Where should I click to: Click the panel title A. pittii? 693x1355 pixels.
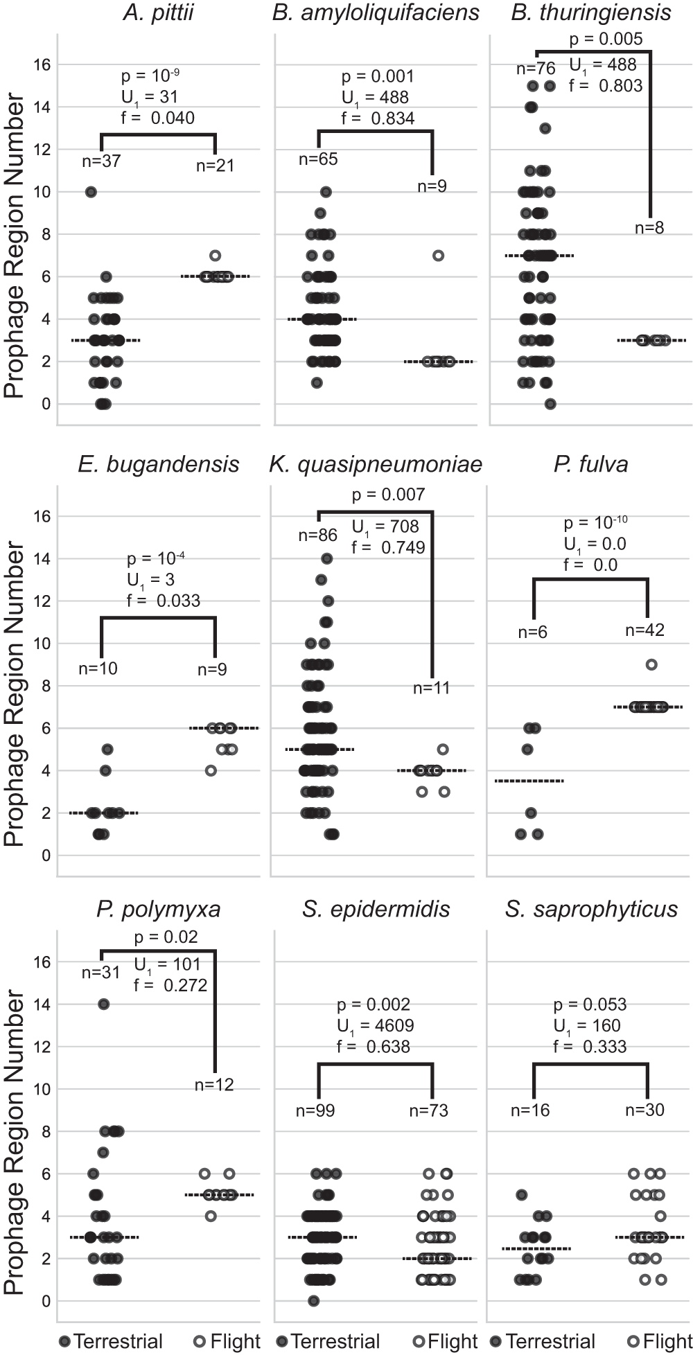[158, 13]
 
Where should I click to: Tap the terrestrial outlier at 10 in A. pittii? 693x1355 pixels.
[91, 192]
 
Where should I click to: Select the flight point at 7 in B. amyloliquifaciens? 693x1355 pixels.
[438, 256]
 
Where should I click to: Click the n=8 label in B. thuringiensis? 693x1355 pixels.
[649, 229]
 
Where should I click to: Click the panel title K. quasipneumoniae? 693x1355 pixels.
[375, 464]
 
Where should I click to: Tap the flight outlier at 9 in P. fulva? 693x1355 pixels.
[651, 664]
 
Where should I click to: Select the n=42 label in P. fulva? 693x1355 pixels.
[644, 630]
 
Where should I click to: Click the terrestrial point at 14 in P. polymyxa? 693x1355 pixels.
[103, 1004]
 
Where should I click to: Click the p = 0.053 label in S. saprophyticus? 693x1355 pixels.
[590, 1004]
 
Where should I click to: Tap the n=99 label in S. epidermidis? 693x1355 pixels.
[315, 1110]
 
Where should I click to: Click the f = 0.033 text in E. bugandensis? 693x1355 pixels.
[164, 601]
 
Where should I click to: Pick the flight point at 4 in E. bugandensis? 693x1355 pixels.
[211, 771]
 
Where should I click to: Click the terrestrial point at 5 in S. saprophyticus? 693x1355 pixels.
[522, 1195]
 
